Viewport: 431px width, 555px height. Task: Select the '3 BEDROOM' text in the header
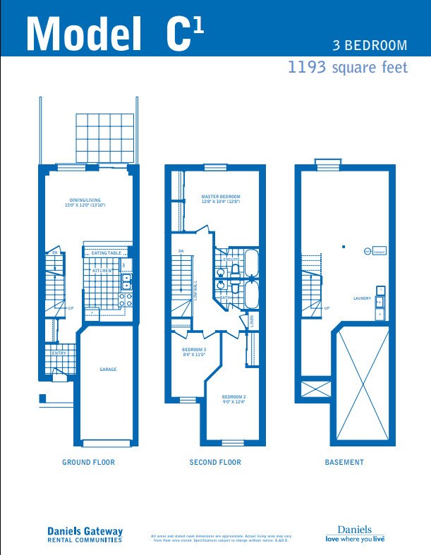370,46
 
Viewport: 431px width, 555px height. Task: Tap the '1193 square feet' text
347,68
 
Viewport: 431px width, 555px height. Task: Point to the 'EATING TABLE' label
106,253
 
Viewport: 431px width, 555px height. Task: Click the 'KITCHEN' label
102,271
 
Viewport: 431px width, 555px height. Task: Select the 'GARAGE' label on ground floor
107,370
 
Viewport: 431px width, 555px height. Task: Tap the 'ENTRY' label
59,353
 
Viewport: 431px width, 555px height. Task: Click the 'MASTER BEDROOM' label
220,197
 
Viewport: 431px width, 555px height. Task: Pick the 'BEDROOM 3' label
194,350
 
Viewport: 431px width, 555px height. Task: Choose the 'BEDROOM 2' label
233,398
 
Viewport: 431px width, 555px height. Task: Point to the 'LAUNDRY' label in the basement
362,298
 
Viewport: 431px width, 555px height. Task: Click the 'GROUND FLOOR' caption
88,463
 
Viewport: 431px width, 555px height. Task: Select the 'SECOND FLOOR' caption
215,463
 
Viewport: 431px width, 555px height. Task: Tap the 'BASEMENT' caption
344,463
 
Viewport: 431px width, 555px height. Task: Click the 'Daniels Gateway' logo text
85,532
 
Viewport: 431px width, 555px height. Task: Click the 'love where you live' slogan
355,539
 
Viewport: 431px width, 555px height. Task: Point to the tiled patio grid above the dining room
104,138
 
